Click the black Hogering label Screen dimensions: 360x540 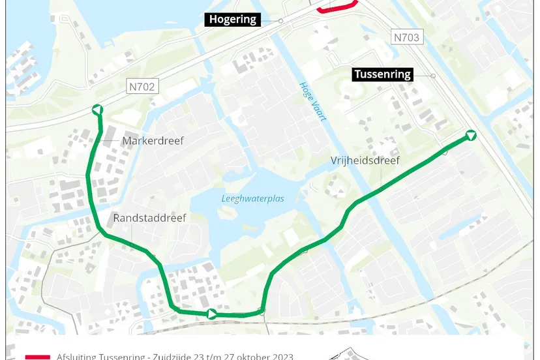pyautogui.click(x=233, y=20)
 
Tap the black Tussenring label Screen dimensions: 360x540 pyautogui.click(x=383, y=74)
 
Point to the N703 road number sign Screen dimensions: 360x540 pyautogui.click(x=406, y=37)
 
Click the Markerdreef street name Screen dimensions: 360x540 pyautogui.click(x=153, y=141)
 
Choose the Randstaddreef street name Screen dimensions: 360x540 pyautogui.click(x=149, y=218)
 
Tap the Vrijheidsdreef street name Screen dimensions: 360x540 pyautogui.click(x=365, y=160)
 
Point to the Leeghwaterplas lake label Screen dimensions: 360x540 pyautogui.click(x=252, y=198)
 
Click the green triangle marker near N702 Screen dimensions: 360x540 pyautogui.click(x=97, y=110)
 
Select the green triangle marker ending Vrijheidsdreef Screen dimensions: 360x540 pyautogui.click(x=471, y=136)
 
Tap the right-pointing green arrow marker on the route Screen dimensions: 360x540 pyautogui.click(x=212, y=314)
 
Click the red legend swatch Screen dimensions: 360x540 pyautogui.click(x=37, y=357)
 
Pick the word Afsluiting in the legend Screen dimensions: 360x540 pyautogui.click(x=76, y=356)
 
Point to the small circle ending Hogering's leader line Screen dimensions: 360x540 pyautogui.click(x=280, y=21)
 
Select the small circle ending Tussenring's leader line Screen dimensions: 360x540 pyautogui.click(x=433, y=76)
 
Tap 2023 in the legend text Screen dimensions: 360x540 pyautogui.click(x=282, y=356)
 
